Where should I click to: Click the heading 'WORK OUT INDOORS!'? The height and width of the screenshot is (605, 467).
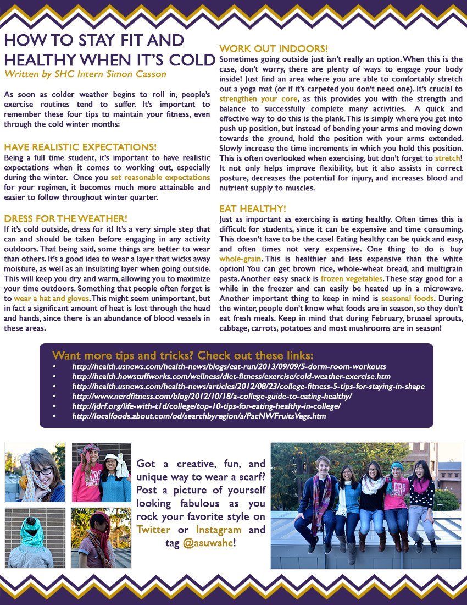(273, 49)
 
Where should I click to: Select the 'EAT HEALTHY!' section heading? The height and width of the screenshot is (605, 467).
(252, 208)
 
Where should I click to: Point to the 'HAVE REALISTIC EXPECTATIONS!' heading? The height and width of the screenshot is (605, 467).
(80, 147)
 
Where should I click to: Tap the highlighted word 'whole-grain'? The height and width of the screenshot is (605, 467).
(241, 257)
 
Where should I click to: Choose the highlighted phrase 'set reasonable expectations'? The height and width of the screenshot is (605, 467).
(160, 178)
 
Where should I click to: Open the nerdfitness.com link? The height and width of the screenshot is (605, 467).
(212, 396)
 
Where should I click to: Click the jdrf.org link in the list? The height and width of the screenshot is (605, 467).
(206, 406)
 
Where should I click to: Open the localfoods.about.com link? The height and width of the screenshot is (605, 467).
(199, 416)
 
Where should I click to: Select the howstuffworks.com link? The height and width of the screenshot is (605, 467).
(231, 376)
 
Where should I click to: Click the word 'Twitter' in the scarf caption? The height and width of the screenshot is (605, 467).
(154, 530)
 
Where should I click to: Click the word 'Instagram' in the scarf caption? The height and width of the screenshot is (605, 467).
(219, 530)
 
